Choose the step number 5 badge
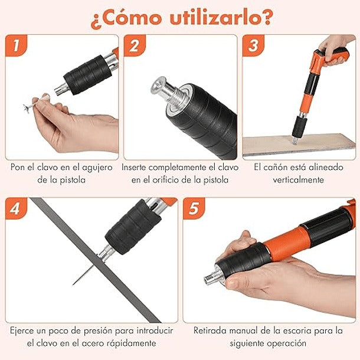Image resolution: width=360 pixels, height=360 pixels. click(x=193, y=209)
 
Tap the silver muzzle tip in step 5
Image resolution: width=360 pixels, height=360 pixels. click(x=210, y=277)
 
